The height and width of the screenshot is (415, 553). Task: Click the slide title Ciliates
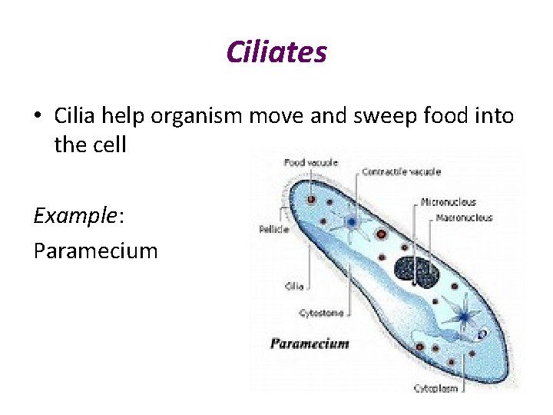click(276, 52)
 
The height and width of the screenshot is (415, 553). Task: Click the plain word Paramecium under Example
click(95, 251)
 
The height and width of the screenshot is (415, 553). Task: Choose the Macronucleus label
click(464, 217)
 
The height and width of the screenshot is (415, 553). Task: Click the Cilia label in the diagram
click(293, 286)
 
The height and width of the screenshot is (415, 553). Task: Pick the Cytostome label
click(321, 313)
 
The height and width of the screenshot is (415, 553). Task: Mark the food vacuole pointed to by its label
click(311, 199)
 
